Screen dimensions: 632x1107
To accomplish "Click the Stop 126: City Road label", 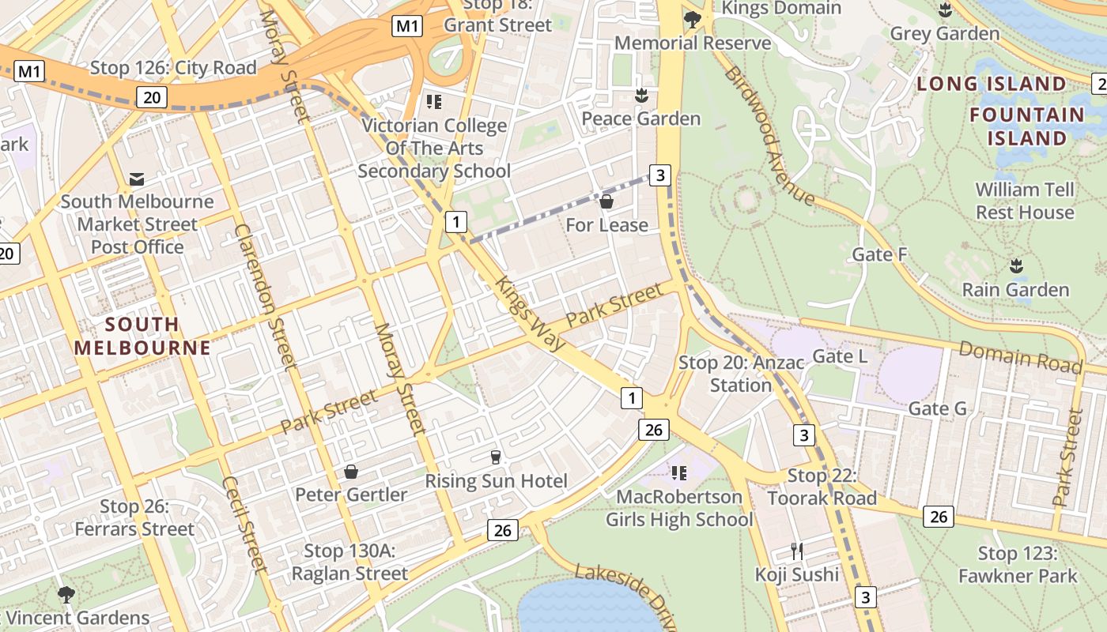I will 173,68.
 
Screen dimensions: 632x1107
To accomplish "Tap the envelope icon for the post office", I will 137,179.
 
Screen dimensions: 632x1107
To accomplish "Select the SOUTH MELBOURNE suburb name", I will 142,336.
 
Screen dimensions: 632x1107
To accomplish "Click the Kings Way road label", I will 531,313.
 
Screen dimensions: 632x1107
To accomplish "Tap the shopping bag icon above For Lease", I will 606,202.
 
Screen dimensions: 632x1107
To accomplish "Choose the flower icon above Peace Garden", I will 640,96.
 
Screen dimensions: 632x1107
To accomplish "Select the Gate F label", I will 879,254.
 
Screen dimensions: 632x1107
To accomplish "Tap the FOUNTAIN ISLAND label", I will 1027,126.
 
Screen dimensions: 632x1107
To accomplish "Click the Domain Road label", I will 1019,356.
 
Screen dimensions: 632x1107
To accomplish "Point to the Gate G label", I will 937,408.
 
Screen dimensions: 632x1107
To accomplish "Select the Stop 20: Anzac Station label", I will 741,374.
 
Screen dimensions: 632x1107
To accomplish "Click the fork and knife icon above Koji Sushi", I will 797,551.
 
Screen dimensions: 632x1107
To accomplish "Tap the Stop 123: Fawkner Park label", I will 1018,565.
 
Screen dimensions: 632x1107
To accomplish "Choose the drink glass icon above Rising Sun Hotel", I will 496,457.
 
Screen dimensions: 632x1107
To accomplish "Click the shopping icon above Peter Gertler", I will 351,472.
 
